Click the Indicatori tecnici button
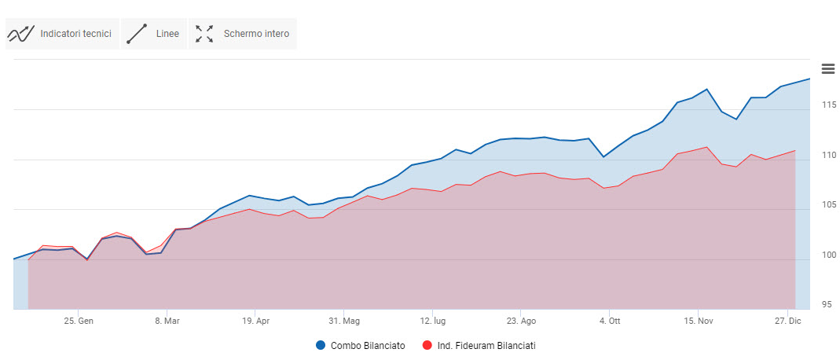pyautogui.click(x=61, y=34)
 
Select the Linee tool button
pyautogui.click(x=154, y=34)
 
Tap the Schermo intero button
pyautogui.click(x=243, y=34)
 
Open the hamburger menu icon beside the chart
pyautogui.click(x=827, y=68)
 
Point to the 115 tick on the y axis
pyautogui.click(x=826, y=105)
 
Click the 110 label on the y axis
pyautogui.click(x=826, y=155)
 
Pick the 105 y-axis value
pyautogui.click(x=826, y=205)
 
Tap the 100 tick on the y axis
pyautogui.click(x=826, y=255)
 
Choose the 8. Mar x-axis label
pyautogui.click(x=167, y=321)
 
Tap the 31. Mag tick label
pyautogui.click(x=343, y=321)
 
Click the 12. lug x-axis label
pyautogui.click(x=433, y=321)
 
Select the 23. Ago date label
pyautogui.click(x=521, y=321)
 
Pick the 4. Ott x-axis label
pyautogui.click(x=610, y=321)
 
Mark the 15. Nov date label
pyautogui.click(x=698, y=321)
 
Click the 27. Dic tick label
pyautogui.click(x=787, y=321)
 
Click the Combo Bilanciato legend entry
pyautogui.click(x=360, y=345)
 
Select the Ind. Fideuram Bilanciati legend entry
pyautogui.click(x=479, y=345)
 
